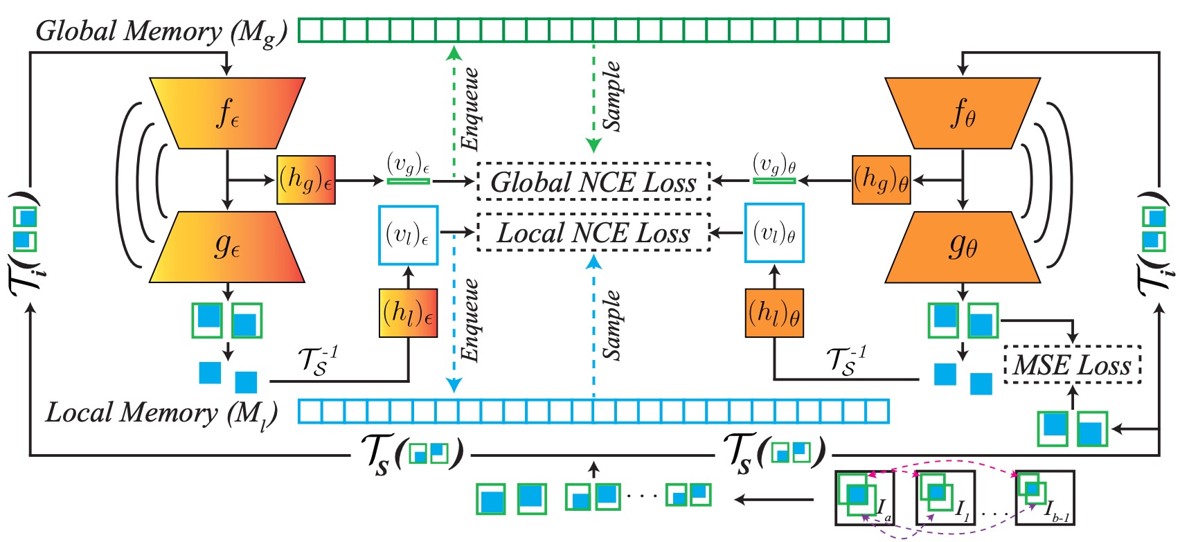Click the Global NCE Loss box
coord(593,181)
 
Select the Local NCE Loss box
coord(593,233)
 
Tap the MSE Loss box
coord(1072,364)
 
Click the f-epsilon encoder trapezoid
coord(227,113)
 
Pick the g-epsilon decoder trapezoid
coord(227,246)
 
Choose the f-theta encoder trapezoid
coord(963,113)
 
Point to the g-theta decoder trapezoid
coord(963,246)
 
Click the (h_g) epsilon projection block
coord(306,180)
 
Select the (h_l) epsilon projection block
coord(409,313)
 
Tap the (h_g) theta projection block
coord(881,180)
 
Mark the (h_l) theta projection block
coord(774,314)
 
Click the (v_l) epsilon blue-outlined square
coord(408,235)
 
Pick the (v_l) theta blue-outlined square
coord(774,233)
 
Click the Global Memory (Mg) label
coord(161,32)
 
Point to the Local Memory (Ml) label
coord(161,413)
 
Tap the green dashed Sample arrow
coord(593,97)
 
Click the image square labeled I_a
coord(864,498)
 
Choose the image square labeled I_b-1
coord(1044,498)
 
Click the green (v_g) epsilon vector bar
coord(408,181)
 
